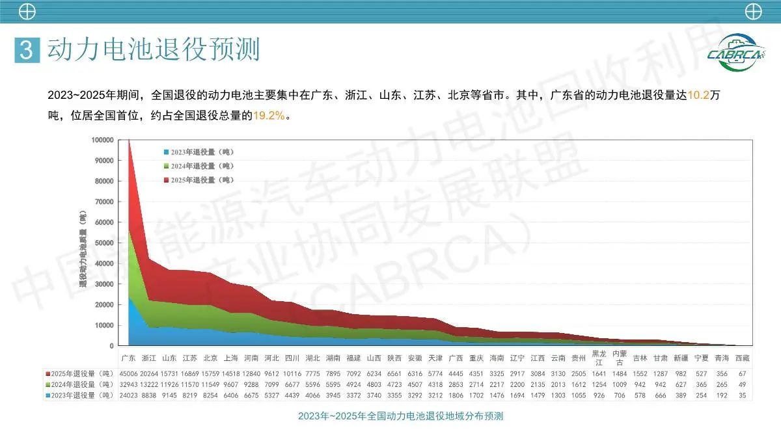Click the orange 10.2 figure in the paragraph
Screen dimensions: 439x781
pyautogui.click(x=698, y=95)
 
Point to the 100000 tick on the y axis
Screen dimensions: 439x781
pyautogui.click(x=102, y=140)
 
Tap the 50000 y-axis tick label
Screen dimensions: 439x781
pyautogui.click(x=104, y=243)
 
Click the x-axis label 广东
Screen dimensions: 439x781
pyautogui.click(x=129, y=358)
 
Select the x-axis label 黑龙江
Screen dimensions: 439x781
pyautogui.click(x=599, y=358)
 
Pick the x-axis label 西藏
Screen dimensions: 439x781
pyautogui.click(x=742, y=358)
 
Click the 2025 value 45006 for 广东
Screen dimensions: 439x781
pyautogui.click(x=129, y=373)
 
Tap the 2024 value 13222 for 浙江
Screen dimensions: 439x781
pyautogui.click(x=149, y=384)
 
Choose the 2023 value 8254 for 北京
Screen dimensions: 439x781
pyautogui.click(x=210, y=395)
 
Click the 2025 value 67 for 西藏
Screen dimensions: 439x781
pyautogui.click(x=742, y=373)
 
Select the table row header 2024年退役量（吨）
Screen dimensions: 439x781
pyautogui.click(x=77, y=384)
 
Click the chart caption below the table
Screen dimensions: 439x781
pyautogui.click(x=400, y=416)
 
